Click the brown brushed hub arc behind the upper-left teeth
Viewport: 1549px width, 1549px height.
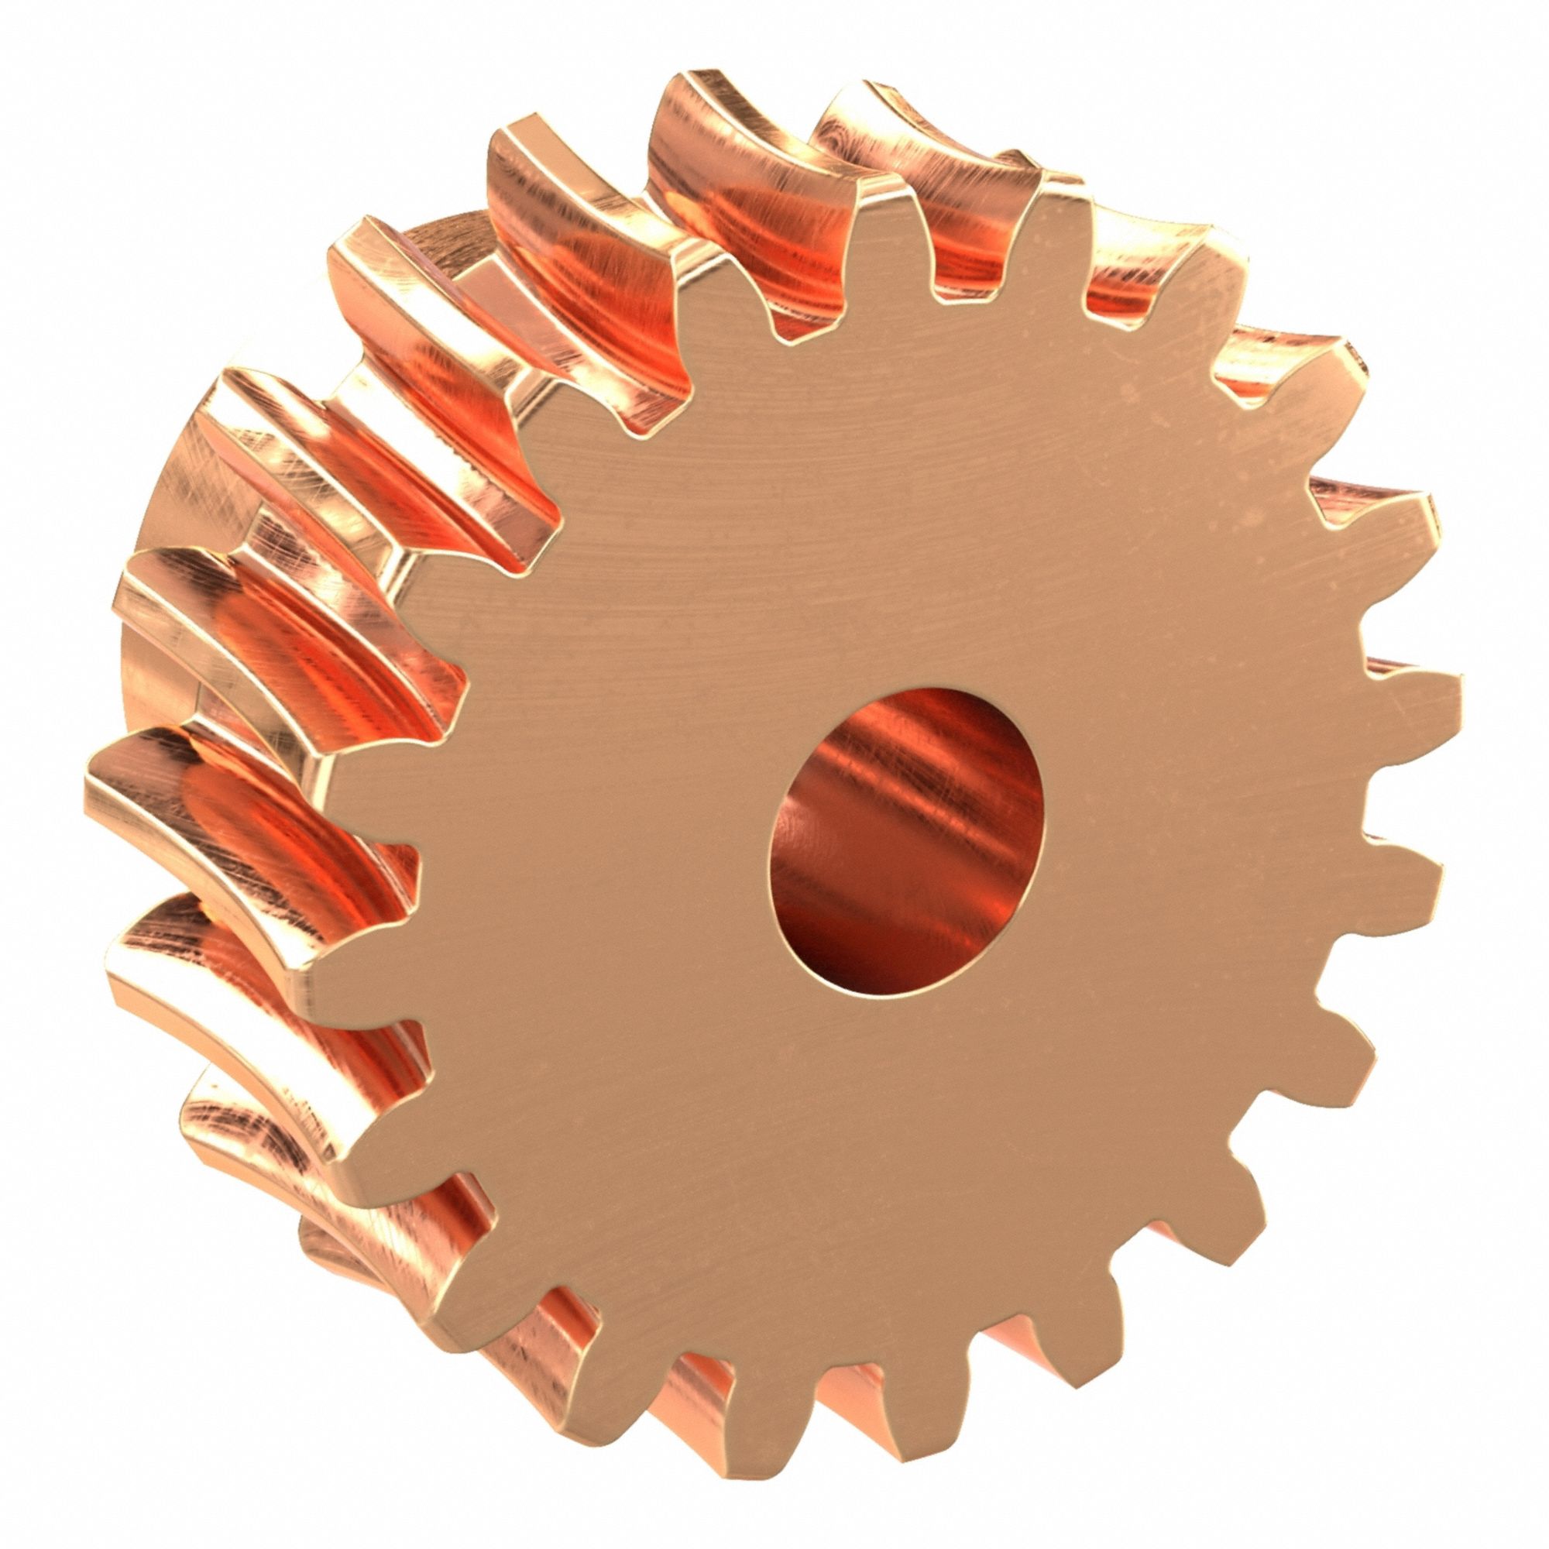point(449,241)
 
